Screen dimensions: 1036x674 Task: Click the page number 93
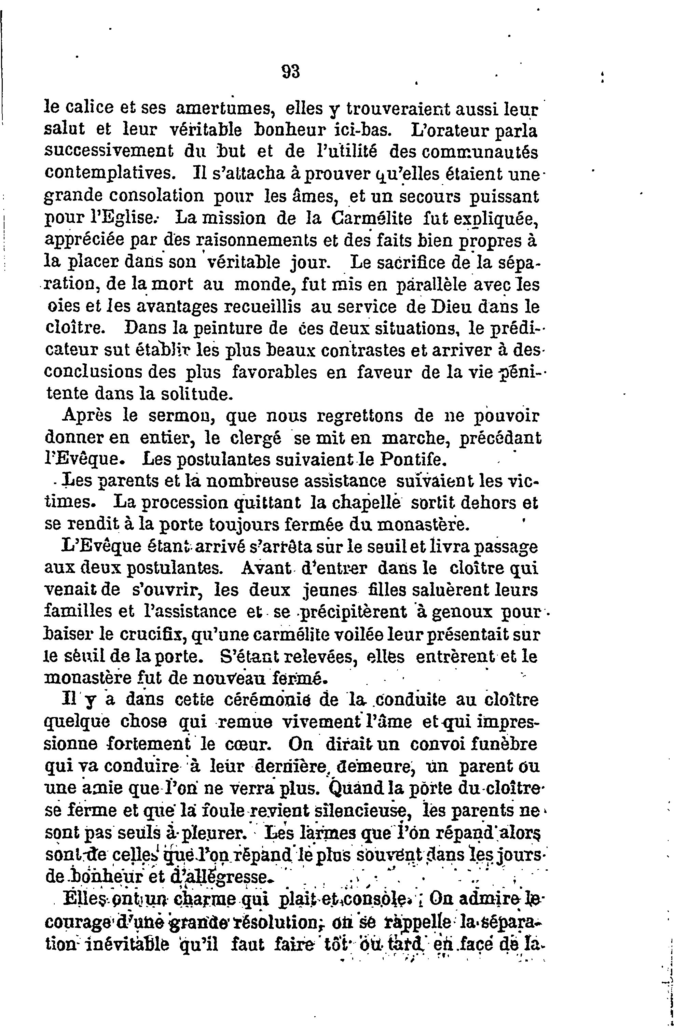click(x=290, y=71)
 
